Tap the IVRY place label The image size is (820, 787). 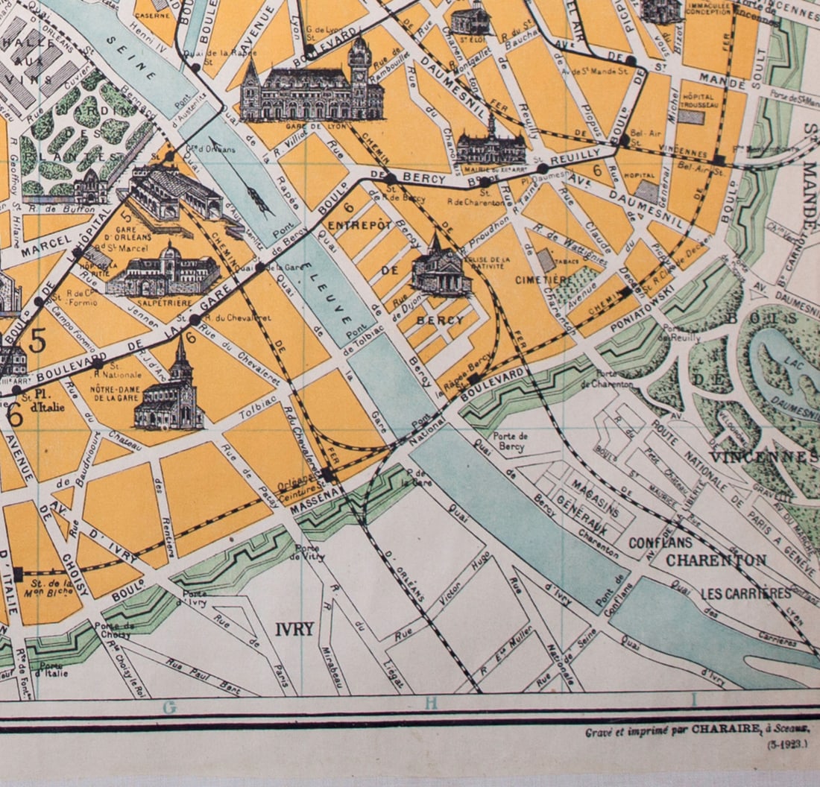[x=294, y=629]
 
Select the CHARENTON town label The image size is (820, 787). [x=716, y=560]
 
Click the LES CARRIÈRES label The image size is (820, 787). [x=746, y=593]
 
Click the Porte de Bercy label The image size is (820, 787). [x=511, y=441]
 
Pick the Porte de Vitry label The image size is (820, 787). [x=307, y=551]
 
